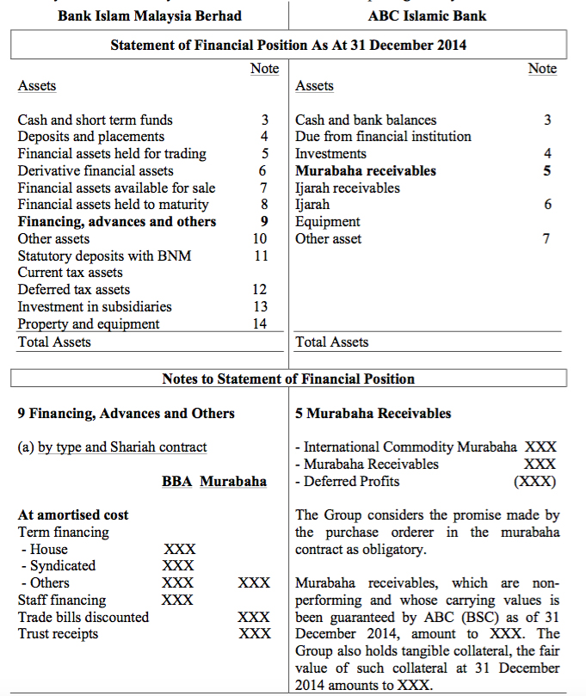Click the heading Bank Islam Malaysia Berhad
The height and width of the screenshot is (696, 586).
tap(150, 15)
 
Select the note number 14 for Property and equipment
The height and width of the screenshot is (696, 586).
tap(260, 324)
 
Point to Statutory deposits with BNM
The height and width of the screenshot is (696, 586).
tap(104, 256)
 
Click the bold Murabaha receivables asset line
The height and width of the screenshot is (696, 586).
tap(365, 171)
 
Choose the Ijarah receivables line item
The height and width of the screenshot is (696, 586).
tap(347, 188)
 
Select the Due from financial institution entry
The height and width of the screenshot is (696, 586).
tap(383, 137)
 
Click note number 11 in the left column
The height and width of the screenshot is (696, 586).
tap(261, 256)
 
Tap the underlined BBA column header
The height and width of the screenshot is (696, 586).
tap(176, 481)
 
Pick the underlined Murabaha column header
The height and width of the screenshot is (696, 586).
tap(233, 481)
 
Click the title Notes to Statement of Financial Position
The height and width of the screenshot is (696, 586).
tap(288, 379)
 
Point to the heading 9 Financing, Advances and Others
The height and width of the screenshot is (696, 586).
tap(126, 414)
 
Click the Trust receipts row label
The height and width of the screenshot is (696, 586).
tap(58, 634)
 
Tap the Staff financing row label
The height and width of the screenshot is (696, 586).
tap(62, 600)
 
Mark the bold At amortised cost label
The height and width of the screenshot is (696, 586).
tap(73, 515)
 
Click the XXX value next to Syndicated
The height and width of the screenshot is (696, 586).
tap(178, 566)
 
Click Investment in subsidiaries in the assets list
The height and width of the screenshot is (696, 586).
tap(95, 307)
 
